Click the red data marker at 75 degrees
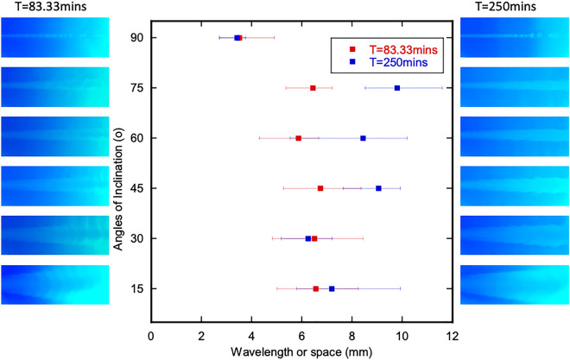coord(313,88)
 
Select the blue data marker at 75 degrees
coord(397,88)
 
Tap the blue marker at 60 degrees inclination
coord(363,138)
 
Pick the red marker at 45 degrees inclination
coord(320,188)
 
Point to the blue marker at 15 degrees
coord(332,288)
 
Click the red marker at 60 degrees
coord(299,138)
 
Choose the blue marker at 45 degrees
coord(378,188)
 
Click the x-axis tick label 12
coord(453,336)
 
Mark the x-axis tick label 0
coord(151,336)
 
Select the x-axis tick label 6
coord(302,336)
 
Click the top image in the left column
coord(54,38)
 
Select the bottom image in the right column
coord(515,284)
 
